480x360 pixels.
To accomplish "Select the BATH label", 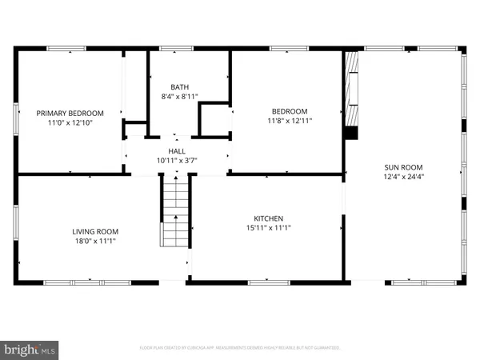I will pyautogui.click(x=179, y=86).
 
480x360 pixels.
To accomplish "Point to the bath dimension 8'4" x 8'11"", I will pyautogui.click(x=179, y=96).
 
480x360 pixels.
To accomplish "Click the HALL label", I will pyautogui.click(x=176, y=150).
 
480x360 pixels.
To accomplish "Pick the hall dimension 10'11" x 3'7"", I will pyautogui.click(x=176, y=160).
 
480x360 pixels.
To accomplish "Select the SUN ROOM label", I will pyautogui.click(x=402, y=167).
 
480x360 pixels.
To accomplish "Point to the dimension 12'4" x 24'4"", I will pyautogui.click(x=402, y=177).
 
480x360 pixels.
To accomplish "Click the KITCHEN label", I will pyautogui.click(x=269, y=218).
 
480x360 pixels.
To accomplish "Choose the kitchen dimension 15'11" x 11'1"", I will pyautogui.click(x=269, y=228).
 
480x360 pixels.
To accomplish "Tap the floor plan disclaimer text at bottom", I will pyautogui.click(x=240, y=348).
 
